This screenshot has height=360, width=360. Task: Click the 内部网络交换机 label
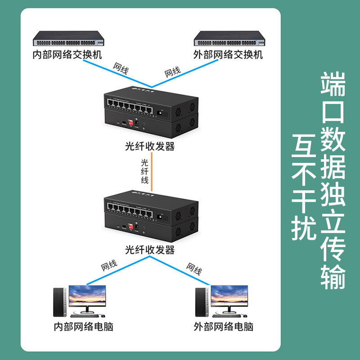tap(68, 55)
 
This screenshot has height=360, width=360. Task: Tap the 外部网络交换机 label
tap(228, 55)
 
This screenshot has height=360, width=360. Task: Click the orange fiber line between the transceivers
tap(153, 171)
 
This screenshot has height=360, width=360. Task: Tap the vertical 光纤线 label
tap(145, 171)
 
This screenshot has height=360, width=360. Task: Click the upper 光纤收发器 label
tap(150, 146)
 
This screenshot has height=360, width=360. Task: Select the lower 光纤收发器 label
tap(150, 250)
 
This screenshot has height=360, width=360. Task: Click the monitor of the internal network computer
tap(87, 297)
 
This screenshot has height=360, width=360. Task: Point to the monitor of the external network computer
tap(229, 297)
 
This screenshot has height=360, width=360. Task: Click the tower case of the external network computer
tap(201, 301)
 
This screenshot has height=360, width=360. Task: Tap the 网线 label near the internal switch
tap(121, 68)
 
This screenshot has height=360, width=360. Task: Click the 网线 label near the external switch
tap(173, 71)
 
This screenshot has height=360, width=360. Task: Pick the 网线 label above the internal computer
tap(110, 265)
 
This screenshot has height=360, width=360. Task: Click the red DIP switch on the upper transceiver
tap(133, 121)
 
